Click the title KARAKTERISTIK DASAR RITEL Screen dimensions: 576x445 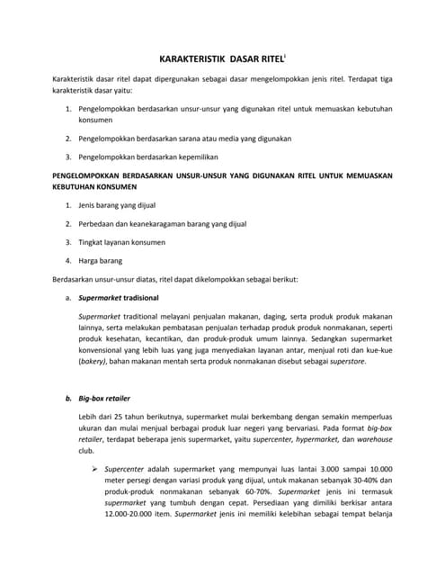point(221,57)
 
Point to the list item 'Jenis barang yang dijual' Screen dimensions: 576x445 point(117,205)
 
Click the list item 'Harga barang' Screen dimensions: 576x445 point(100,260)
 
